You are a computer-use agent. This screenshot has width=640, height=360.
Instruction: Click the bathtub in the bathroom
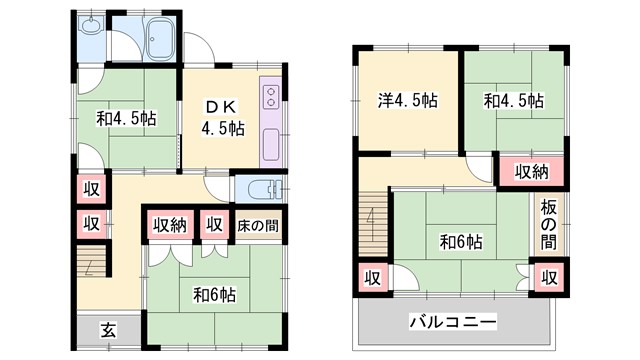tap(159, 41)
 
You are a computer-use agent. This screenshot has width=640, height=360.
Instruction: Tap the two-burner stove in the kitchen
tap(270, 98)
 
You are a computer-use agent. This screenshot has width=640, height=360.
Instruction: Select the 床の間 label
tap(257, 224)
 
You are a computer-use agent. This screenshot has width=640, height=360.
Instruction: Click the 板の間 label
tap(549, 224)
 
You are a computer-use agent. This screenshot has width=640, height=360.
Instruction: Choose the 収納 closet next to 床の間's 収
tap(169, 224)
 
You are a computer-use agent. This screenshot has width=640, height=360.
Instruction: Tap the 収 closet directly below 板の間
tap(549, 275)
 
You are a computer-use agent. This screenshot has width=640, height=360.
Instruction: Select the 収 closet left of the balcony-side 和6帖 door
tap(372, 276)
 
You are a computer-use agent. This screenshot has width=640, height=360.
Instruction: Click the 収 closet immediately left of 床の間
tap(214, 224)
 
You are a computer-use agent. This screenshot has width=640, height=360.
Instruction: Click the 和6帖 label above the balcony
tap(461, 241)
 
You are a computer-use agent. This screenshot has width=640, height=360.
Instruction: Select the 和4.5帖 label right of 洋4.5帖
tap(514, 100)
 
